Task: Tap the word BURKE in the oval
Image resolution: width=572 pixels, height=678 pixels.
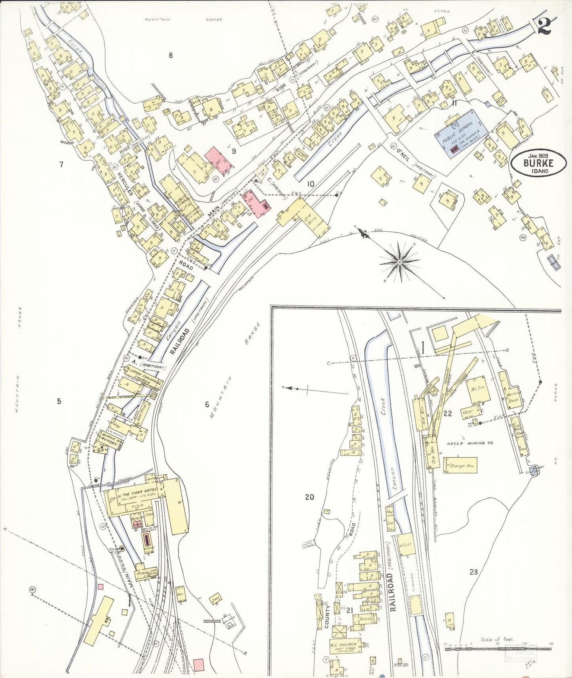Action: coord(538,163)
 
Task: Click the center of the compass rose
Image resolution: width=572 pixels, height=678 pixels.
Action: coord(400,262)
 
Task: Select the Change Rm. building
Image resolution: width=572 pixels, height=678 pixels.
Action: coord(461,466)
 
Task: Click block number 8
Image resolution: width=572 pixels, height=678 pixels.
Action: coord(171,55)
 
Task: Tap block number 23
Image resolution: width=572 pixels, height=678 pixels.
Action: coord(473,571)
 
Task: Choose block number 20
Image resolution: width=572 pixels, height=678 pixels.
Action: coord(309,497)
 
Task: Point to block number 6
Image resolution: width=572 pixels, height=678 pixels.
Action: coord(207,404)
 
